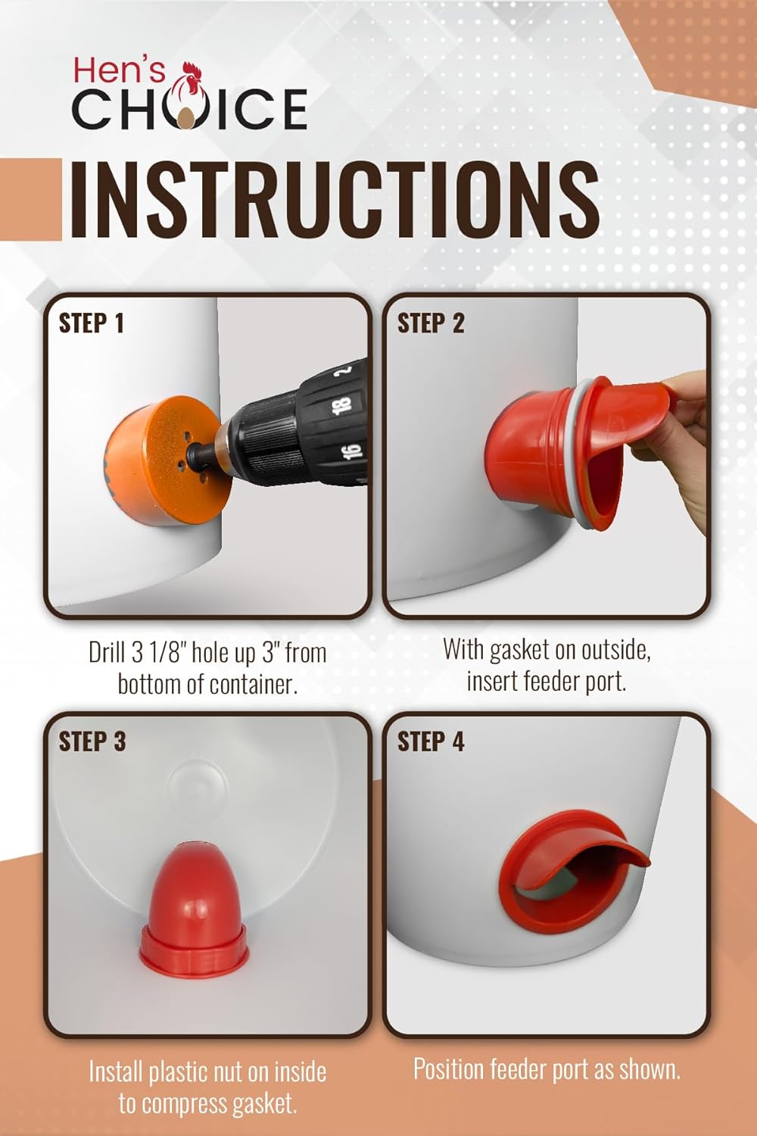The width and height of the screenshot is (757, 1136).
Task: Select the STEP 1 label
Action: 92,323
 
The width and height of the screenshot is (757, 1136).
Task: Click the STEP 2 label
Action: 431,323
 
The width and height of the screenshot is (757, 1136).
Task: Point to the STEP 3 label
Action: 92,741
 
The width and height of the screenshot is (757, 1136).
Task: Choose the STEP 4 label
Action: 431,741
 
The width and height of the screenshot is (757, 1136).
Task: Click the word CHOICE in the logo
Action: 190,110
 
